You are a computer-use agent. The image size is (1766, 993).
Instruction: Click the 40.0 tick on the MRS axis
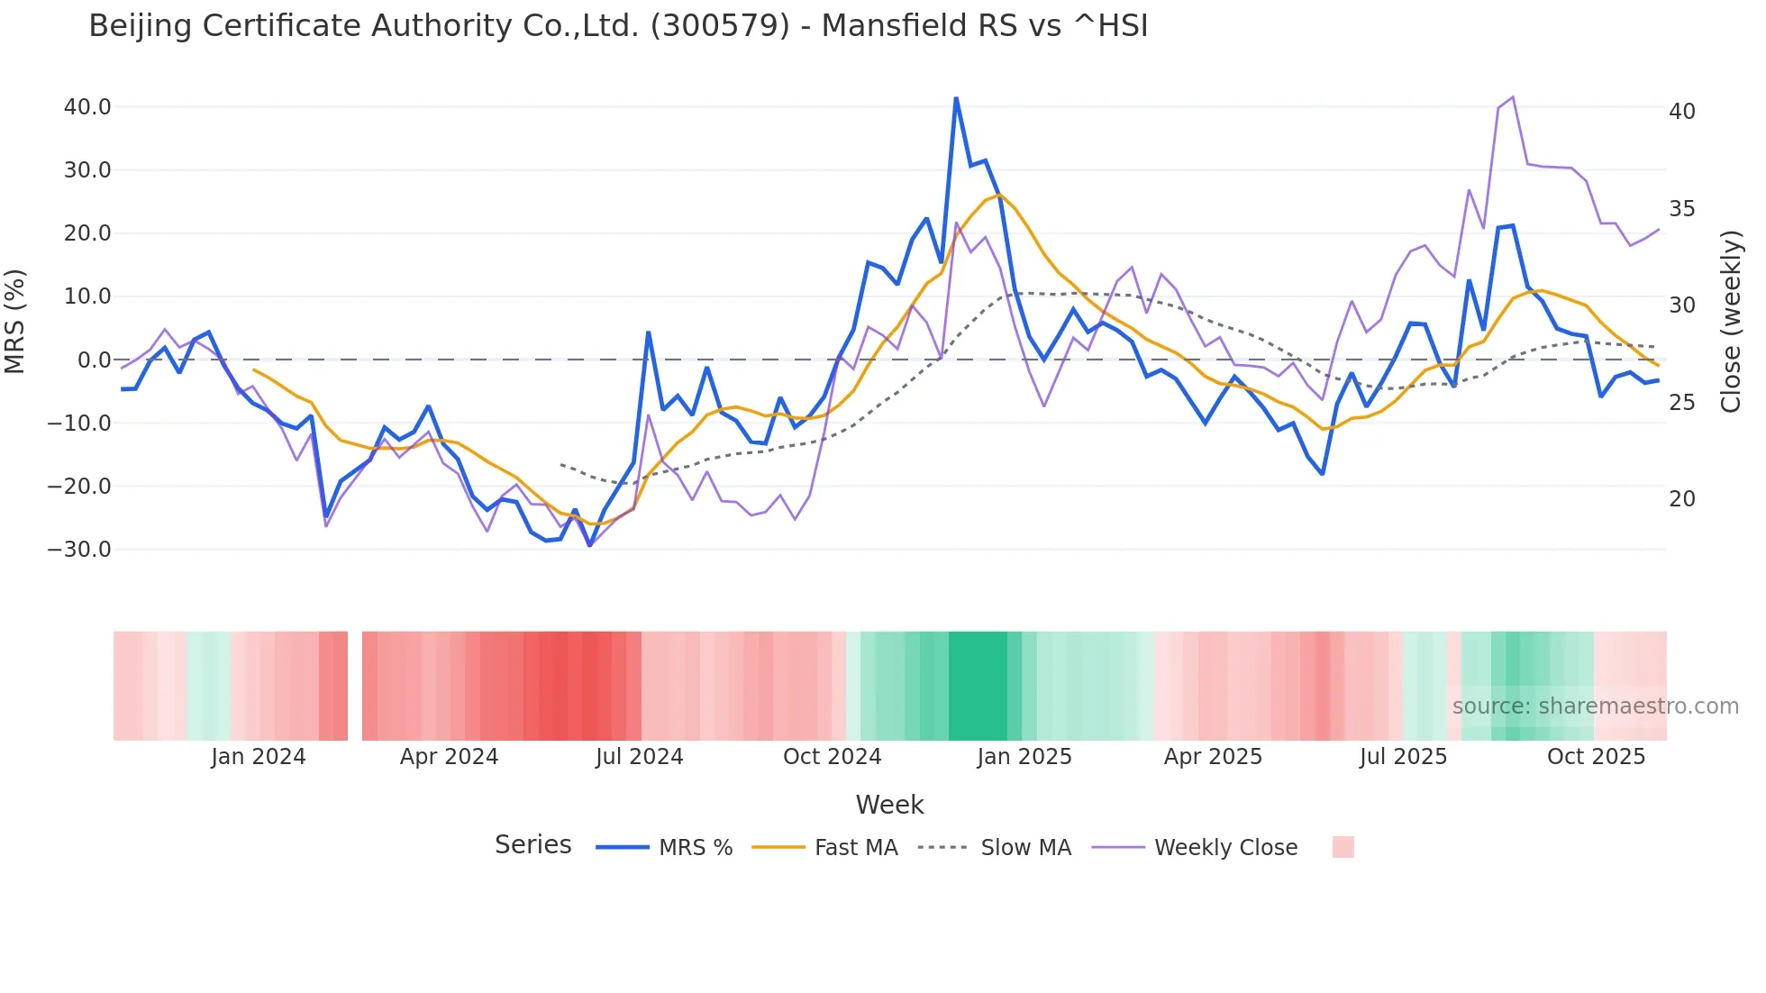pos(86,107)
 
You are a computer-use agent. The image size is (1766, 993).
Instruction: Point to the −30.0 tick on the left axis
pos(79,550)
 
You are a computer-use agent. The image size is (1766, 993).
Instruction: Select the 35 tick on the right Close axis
pos(1682,209)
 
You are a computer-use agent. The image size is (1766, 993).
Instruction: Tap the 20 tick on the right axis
pos(1682,499)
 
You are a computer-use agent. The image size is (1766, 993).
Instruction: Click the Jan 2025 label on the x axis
pos(1024,757)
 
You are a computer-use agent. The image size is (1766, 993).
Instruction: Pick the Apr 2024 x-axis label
pos(449,757)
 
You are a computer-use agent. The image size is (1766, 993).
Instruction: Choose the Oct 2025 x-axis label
pos(1596,757)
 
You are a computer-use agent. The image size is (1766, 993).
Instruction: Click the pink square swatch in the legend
pos(1343,848)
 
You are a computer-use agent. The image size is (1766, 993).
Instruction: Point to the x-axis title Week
pos(889,805)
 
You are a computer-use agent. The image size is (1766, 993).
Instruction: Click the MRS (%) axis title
pos(15,322)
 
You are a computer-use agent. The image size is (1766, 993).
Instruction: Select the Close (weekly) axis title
pos(1731,322)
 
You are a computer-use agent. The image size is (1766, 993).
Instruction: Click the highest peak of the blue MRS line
pos(956,98)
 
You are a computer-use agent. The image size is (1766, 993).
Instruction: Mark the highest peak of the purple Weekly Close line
pos(1513,97)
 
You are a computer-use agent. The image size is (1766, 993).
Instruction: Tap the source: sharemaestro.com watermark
pos(1595,706)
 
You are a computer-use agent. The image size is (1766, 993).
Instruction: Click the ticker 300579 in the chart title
pos(719,25)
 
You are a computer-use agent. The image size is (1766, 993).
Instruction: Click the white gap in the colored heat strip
pos(355,686)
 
